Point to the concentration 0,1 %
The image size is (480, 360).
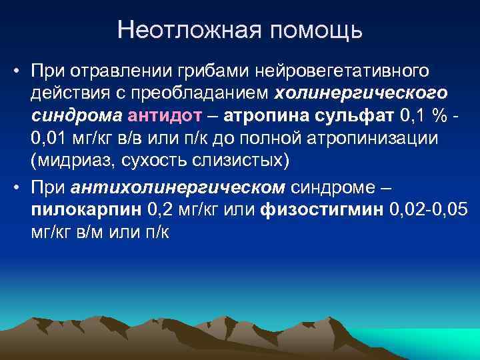click(423, 116)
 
